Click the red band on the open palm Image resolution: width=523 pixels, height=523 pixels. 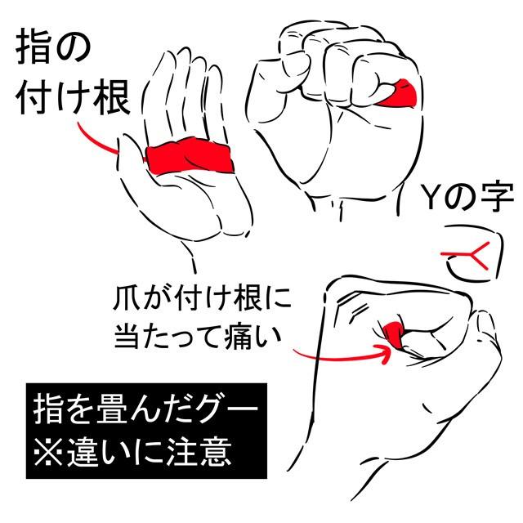pyautogui.click(x=190, y=157)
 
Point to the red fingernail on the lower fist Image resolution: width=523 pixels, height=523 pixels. pyautogui.click(x=394, y=334)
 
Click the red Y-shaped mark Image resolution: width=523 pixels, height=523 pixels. pyautogui.click(x=467, y=255)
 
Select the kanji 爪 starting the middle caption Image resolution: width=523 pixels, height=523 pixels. pyautogui.click(x=128, y=298)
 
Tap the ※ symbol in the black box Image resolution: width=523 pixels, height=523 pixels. pyautogui.click(x=48, y=452)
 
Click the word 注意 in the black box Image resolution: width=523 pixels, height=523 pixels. pyautogui.click(x=199, y=451)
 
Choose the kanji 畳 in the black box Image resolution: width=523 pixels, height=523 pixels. pyautogui.click(x=111, y=409)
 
